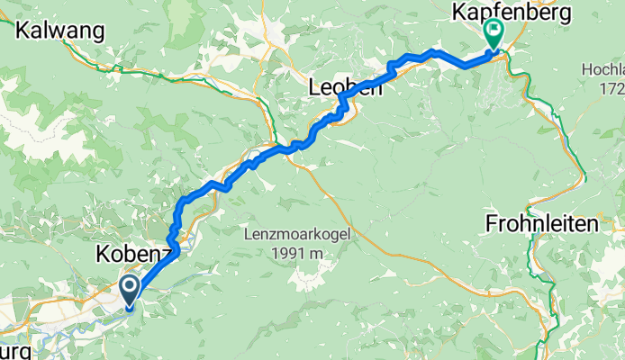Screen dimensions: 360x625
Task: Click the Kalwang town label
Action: click(x=59, y=29)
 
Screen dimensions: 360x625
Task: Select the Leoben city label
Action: click(x=346, y=88)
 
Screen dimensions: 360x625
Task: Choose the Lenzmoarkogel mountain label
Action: click(x=296, y=235)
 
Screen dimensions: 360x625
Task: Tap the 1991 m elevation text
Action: click(x=296, y=254)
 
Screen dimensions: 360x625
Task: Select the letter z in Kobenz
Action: click(x=164, y=256)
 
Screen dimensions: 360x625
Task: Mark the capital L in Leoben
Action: click(x=314, y=88)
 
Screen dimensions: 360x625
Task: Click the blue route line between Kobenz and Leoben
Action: click(x=216, y=185)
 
